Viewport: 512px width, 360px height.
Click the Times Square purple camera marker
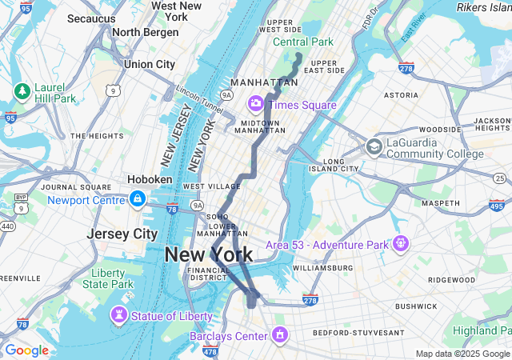[256, 103]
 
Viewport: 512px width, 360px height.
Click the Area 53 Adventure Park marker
[401, 242]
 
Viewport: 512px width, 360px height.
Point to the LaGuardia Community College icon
[374, 147]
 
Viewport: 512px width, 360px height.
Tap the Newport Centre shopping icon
[138, 198]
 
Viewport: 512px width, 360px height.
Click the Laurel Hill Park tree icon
[22, 91]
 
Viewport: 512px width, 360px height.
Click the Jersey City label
[122, 234]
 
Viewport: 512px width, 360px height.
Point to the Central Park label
[303, 42]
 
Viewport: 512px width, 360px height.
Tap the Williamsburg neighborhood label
[323, 268]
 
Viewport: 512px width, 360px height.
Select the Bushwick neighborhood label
[416, 306]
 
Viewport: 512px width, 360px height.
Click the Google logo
[26, 350]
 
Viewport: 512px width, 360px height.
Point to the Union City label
[150, 64]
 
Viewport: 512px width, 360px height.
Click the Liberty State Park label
[107, 278]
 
